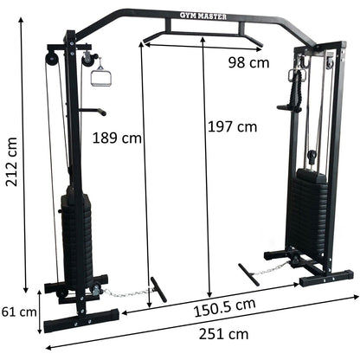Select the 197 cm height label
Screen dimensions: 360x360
point(233,126)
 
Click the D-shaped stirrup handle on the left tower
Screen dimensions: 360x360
point(99,73)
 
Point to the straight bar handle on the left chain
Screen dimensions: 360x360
point(157,287)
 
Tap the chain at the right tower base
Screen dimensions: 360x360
point(276,267)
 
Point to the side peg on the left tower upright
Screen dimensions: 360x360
point(96,111)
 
